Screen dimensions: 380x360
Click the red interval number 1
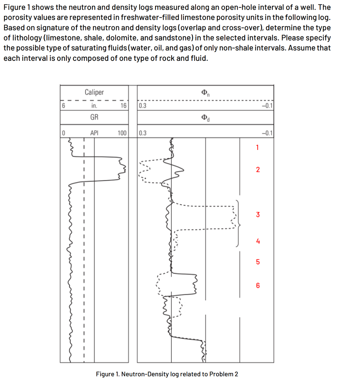(257, 148)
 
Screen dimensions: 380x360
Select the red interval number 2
(258, 170)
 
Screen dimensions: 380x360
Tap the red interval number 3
(258, 214)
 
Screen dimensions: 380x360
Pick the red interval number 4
(258, 241)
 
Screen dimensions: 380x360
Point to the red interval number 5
(258, 262)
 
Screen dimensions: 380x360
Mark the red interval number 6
(258, 286)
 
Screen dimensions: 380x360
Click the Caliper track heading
(94, 92)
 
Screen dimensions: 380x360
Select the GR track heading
(94, 117)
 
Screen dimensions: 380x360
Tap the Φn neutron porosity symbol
(205, 92)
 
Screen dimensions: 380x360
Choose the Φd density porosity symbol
(205, 118)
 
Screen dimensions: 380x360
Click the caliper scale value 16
(124, 105)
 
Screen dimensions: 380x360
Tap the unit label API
(94, 132)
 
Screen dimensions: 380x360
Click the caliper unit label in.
(94, 105)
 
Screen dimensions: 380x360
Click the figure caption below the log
(167, 374)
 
